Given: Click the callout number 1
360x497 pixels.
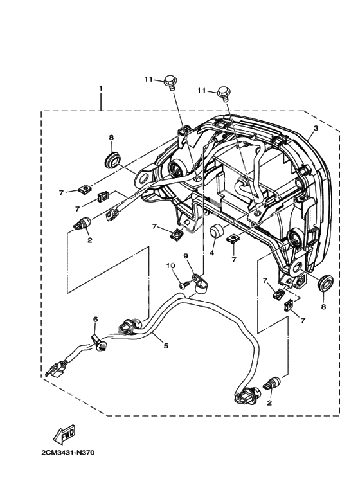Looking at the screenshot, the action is coord(101,89).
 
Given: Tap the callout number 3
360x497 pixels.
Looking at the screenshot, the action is coord(316,128).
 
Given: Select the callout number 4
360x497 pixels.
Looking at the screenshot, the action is coord(212,253).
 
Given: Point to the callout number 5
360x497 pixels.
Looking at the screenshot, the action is coord(166,345).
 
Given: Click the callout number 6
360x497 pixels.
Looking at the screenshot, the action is coord(95,319).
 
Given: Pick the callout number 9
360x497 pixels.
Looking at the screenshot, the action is coord(186,255).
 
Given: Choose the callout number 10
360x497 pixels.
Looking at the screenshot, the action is coord(171,266).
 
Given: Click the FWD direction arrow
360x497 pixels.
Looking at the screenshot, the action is coord(64,433).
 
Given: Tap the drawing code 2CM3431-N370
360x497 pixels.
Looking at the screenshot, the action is coord(67,452).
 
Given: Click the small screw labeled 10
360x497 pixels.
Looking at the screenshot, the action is coord(184,284).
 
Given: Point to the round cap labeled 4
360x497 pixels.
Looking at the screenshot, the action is coord(217,231).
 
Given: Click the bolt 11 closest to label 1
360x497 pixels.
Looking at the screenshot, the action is coord(170,82).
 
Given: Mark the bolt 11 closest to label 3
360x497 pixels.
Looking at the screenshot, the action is coord(224,93).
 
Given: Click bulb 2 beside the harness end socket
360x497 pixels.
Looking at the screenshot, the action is coord(272,383).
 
